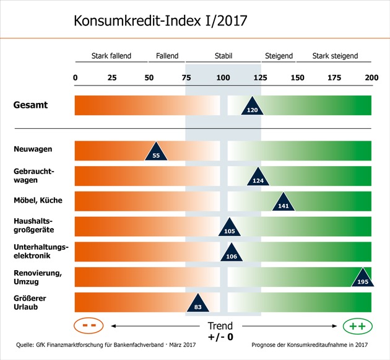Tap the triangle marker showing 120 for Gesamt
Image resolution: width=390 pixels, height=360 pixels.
click(x=252, y=107)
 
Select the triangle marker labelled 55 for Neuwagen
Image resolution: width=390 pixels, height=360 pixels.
click(x=156, y=152)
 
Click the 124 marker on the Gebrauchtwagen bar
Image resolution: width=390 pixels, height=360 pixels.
click(x=258, y=178)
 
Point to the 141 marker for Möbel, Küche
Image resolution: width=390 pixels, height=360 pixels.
click(x=284, y=203)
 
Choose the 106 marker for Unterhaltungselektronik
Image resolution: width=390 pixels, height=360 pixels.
click(x=232, y=254)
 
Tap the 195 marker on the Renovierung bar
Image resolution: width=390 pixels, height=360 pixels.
click(x=363, y=279)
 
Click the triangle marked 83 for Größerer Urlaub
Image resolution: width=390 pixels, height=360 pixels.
click(x=197, y=304)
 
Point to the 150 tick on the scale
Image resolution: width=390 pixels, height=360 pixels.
click(x=298, y=78)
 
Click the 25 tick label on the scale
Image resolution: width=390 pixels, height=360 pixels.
click(x=112, y=78)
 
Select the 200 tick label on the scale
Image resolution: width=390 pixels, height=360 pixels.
click(x=371, y=78)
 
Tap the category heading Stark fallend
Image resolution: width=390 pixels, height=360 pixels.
click(x=111, y=56)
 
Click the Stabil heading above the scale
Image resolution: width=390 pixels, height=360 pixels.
click(x=223, y=56)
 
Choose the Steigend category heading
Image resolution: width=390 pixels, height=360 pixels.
click(x=279, y=56)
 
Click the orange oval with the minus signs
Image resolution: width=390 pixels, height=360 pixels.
click(x=88, y=326)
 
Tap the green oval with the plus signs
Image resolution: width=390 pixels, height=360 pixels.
click(x=357, y=326)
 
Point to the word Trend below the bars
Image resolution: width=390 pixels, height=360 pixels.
click(x=220, y=326)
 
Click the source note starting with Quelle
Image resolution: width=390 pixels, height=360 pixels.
click(x=105, y=344)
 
